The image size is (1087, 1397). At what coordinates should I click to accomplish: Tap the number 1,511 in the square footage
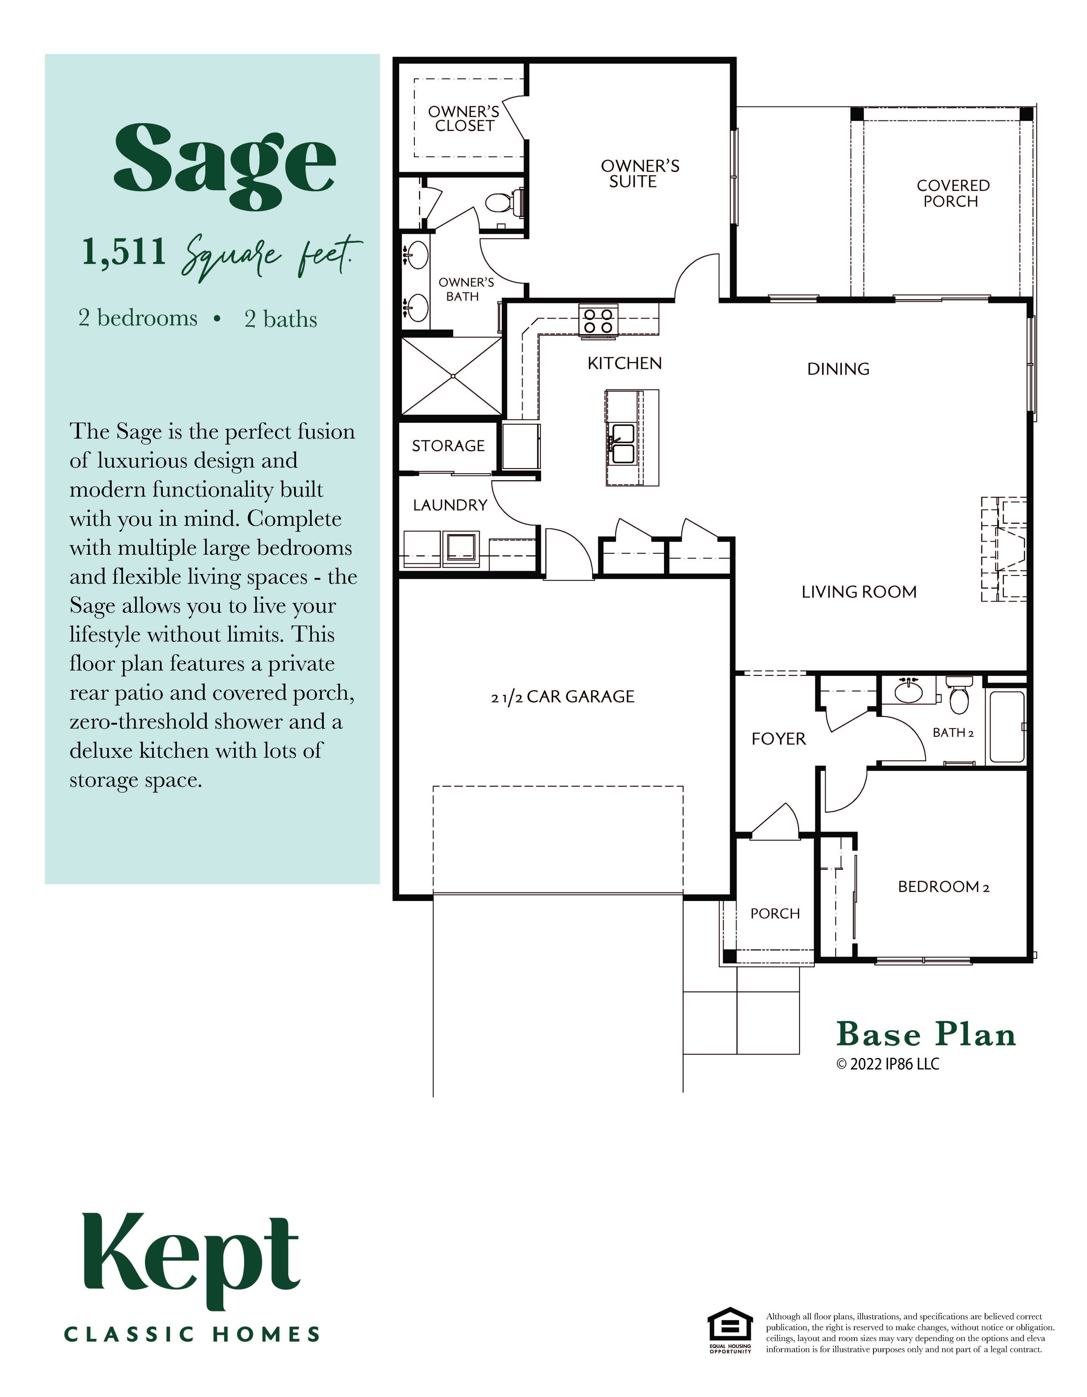click(x=123, y=252)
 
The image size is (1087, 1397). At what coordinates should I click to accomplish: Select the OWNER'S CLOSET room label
click(x=464, y=120)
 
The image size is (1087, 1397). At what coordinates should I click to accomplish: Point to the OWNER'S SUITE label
click(x=639, y=174)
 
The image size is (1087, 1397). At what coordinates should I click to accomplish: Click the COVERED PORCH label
click(x=952, y=193)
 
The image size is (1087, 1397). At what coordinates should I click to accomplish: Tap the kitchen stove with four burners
click(x=598, y=320)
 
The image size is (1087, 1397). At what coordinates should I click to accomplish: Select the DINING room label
click(x=838, y=369)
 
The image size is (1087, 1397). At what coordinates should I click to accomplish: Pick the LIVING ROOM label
click(x=859, y=592)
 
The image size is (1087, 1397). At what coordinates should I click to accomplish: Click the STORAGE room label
click(x=448, y=446)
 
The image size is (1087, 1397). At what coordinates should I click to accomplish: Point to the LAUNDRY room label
click(x=450, y=506)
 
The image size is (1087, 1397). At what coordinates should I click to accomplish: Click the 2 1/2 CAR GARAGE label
click(x=562, y=697)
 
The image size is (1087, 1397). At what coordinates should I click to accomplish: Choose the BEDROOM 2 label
click(x=943, y=887)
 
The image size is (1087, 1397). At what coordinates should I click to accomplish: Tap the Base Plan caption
click(x=926, y=1034)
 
